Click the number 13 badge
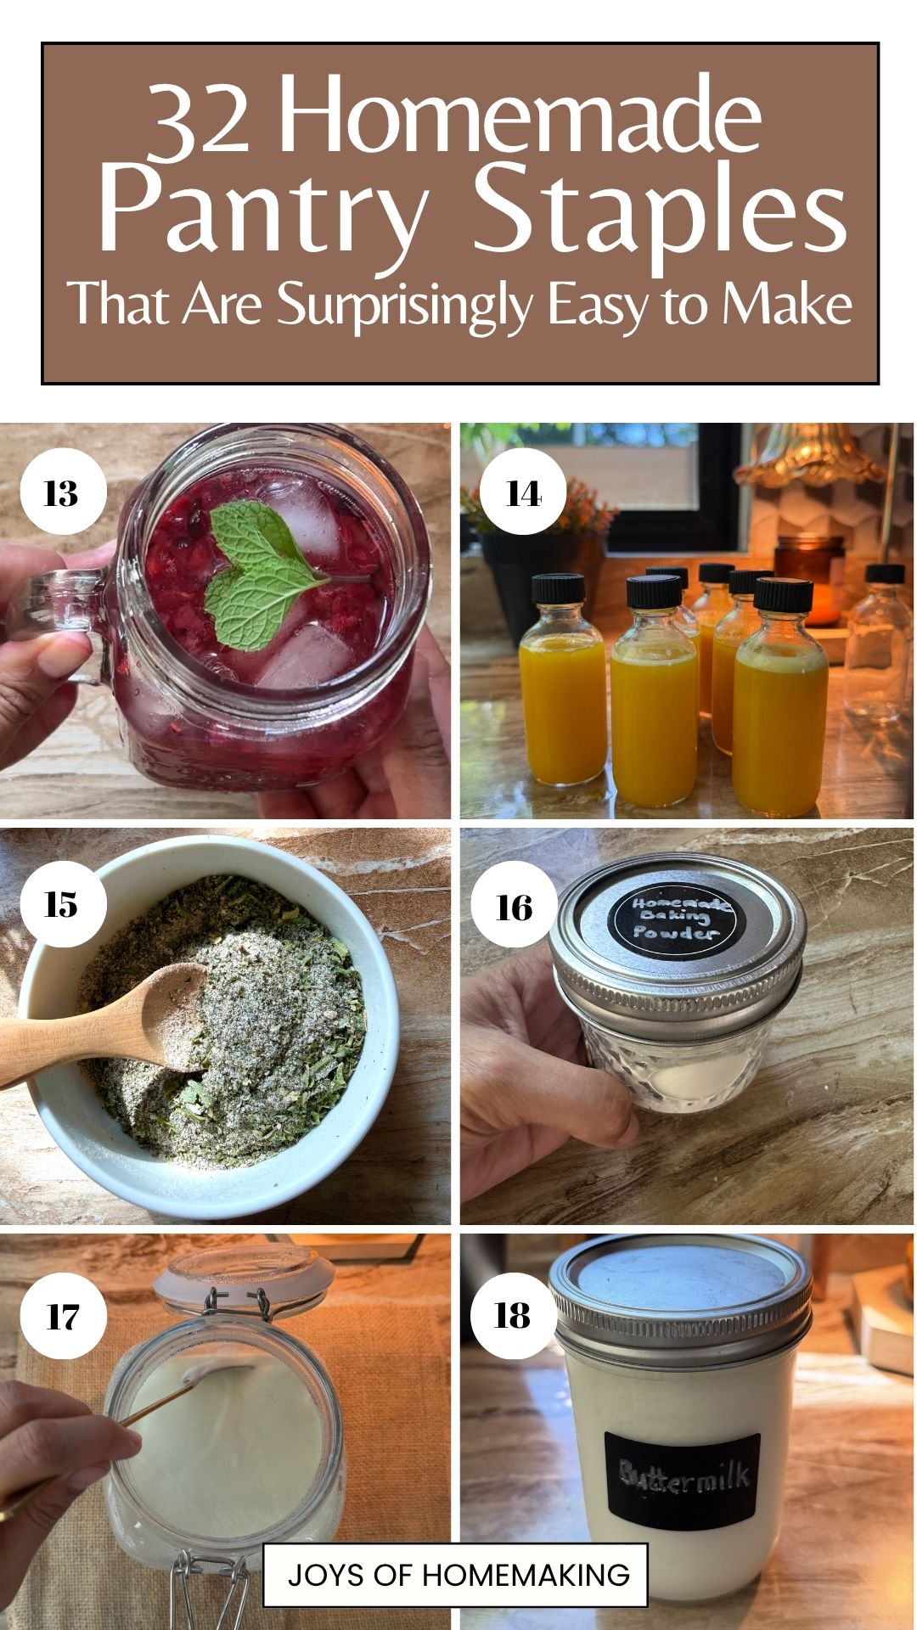tap(63, 492)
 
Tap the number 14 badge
tap(523, 492)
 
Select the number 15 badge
tap(63, 904)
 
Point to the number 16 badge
tap(514, 907)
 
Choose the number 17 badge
tap(63, 1317)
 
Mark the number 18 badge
tap(513, 1315)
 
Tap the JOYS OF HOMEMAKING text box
tap(455, 1575)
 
